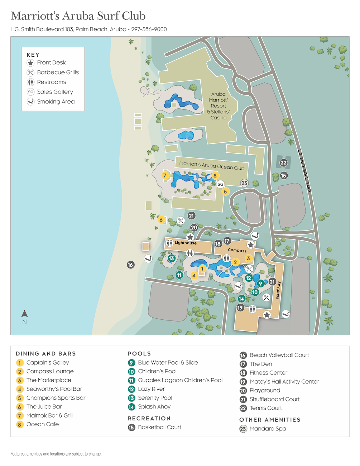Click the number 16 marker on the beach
[x=130, y=265]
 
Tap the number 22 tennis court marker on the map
[x=283, y=163]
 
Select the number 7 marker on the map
[x=165, y=175]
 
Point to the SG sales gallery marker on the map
[x=220, y=184]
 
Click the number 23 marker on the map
[x=244, y=183]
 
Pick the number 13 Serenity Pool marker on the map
[x=171, y=258]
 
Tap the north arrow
[x=24, y=314]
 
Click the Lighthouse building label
[x=186, y=243]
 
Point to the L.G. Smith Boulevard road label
[x=304, y=171]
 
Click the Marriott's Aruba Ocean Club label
[x=212, y=166]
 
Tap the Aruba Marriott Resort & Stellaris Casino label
[x=219, y=106]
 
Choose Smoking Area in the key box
[x=56, y=102]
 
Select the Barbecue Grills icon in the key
[x=31, y=72]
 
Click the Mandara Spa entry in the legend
[x=268, y=429]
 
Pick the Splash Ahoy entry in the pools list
[x=154, y=407]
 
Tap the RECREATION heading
[x=149, y=418]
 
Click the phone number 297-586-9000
[x=149, y=29]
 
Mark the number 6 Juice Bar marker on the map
[x=161, y=220]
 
